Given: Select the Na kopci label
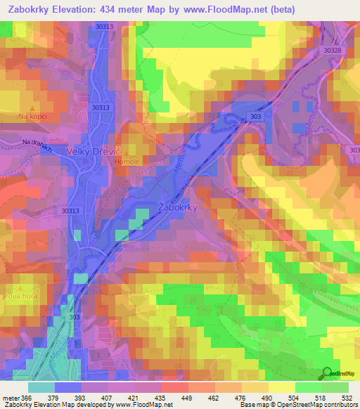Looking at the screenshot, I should pyautogui.click(x=32, y=116).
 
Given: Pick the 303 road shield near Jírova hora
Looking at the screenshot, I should pyautogui.click(x=75, y=317).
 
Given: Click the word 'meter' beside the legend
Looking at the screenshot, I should pyautogui.click(x=11, y=397).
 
